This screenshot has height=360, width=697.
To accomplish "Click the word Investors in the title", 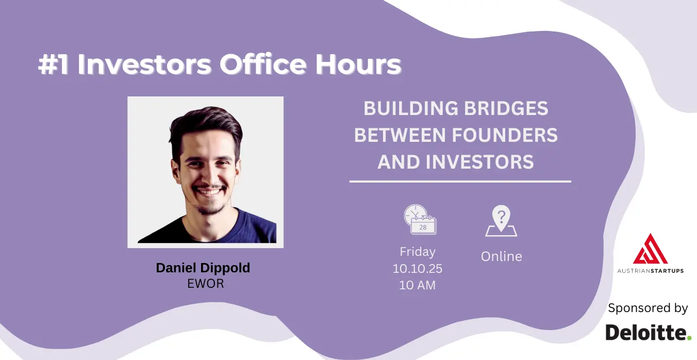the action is coord(144,64).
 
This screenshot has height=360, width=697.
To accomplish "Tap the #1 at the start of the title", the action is coord(53,64).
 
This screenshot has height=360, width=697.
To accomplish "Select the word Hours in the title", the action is coord(358,64).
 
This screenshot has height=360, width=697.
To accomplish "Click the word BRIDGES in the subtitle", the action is coord(506,108).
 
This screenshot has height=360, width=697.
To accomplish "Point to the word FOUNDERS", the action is coord(505,135).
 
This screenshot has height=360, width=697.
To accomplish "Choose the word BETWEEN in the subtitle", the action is coord(400,135).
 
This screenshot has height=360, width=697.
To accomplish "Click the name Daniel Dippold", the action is coord(203,268).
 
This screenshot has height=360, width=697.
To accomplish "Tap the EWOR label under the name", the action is coord(206,284).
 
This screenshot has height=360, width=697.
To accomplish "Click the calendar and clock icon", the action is coord(420,220).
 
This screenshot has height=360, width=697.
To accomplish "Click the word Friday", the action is coord(418,252).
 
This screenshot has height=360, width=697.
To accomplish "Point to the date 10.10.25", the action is coord(417,269).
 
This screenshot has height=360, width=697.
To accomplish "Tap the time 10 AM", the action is coord(417,285).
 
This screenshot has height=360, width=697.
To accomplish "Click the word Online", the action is coord(502,257).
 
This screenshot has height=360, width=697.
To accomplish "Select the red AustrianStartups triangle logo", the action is coord(650,249).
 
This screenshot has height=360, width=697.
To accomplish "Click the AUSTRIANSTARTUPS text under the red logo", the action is coord(651,271).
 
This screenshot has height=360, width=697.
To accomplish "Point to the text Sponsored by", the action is coord(648,308).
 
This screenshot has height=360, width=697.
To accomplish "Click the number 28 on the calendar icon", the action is coord(423,227).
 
